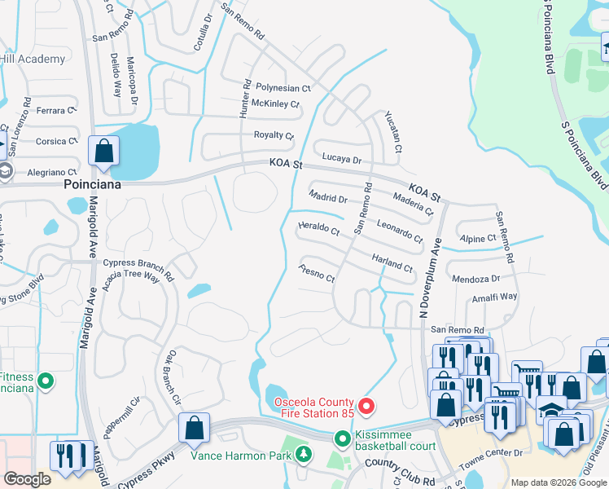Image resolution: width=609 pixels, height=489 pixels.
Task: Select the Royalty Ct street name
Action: point(274,134)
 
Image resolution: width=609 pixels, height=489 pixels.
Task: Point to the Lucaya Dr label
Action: point(341,159)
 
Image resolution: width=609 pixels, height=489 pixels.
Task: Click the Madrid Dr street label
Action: point(328,197)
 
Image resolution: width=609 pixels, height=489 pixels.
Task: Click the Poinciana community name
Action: point(92,185)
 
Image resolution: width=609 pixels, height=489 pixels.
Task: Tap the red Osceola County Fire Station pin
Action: point(366,405)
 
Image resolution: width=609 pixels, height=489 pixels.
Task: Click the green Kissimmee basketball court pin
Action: point(343,439)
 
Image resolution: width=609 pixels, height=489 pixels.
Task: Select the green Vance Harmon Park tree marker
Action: point(304,454)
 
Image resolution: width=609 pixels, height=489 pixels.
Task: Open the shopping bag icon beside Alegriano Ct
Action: point(104,151)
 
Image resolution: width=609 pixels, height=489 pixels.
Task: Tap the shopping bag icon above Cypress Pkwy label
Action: point(195,428)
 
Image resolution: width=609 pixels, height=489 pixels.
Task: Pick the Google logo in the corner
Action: point(27,479)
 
